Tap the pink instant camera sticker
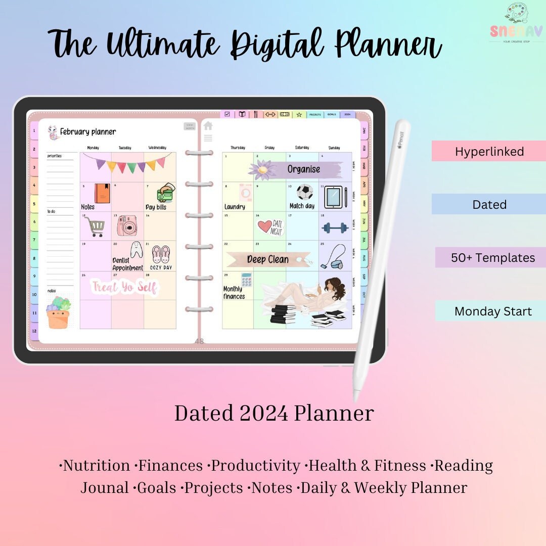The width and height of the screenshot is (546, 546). pyautogui.click(x=127, y=225)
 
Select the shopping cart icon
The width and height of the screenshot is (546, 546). pyautogui.click(x=94, y=226)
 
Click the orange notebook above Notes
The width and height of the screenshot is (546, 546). pyautogui.click(x=102, y=193)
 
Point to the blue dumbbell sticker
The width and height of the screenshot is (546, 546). pyautogui.click(x=335, y=228)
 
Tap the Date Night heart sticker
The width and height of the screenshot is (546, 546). pyautogui.click(x=270, y=226)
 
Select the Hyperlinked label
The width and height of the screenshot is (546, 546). pyautogui.click(x=489, y=152)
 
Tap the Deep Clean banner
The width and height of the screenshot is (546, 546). pyautogui.click(x=268, y=259)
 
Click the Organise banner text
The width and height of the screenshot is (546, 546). pyautogui.click(x=304, y=169)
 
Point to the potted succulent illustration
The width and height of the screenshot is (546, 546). pyautogui.click(x=59, y=313)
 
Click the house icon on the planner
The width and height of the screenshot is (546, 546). pyautogui.click(x=208, y=126)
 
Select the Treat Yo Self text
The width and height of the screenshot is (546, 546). pyautogui.click(x=125, y=288)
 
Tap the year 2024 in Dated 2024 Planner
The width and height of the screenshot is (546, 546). pyautogui.click(x=264, y=414)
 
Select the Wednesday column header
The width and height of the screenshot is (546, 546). pyautogui.click(x=157, y=148)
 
